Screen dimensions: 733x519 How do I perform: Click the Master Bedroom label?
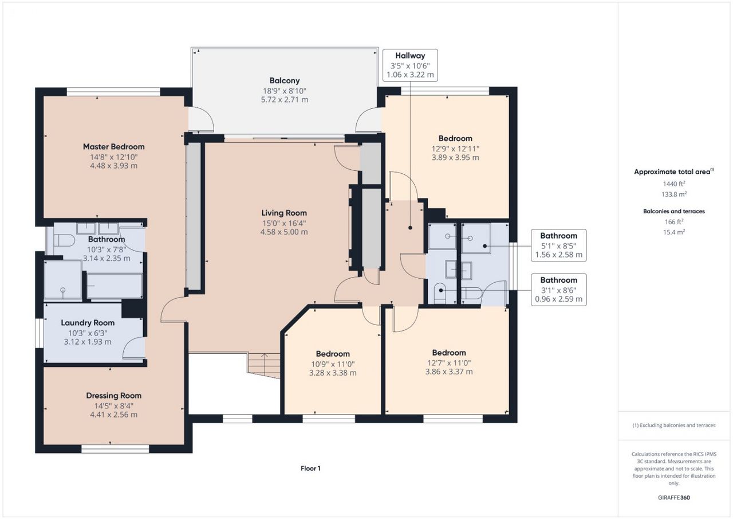(x=113, y=146)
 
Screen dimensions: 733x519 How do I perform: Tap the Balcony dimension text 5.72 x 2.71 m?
(x=285, y=100)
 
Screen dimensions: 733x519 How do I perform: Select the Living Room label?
(x=284, y=213)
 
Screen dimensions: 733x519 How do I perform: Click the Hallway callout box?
(x=410, y=65)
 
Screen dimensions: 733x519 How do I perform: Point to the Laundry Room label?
(x=88, y=323)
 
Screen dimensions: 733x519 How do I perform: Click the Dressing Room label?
(x=114, y=396)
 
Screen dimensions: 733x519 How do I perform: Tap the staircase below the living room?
(x=263, y=366)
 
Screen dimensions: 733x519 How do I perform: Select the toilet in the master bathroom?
(x=64, y=240)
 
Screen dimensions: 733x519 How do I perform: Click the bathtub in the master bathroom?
(x=115, y=286)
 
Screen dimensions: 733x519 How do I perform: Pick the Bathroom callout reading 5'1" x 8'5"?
(x=558, y=245)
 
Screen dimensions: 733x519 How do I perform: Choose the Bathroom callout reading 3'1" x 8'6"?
(x=558, y=290)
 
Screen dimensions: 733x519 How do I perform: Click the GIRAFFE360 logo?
(x=674, y=497)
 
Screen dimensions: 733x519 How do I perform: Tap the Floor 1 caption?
(x=310, y=468)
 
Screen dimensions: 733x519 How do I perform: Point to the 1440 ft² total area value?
(x=674, y=184)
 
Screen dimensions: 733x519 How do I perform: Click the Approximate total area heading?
(x=674, y=171)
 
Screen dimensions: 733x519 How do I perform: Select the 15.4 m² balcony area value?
(x=674, y=232)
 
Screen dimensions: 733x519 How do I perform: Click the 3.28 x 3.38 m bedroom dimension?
(x=333, y=373)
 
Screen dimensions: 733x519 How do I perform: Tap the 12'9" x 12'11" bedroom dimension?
(x=455, y=149)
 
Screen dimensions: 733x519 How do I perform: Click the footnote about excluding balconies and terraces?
(x=674, y=426)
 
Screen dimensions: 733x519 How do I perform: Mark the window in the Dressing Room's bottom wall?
(x=115, y=449)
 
